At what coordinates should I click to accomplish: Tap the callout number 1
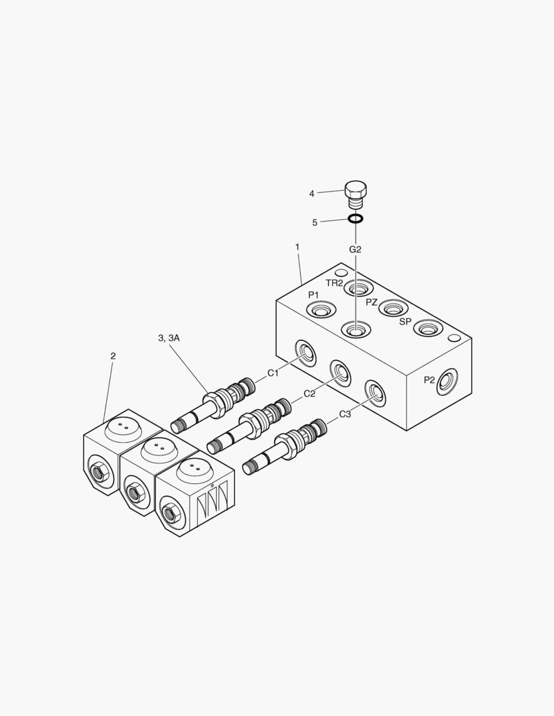tap(297, 247)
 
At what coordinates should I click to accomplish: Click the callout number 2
tap(113, 356)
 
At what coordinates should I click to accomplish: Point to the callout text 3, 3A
tap(169, 337)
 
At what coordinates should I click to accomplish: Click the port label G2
tap(356, 249)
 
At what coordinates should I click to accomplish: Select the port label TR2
tap(334, 282)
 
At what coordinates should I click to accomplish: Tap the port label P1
tap(313, 294)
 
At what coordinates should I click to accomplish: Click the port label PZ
tap(372, 302)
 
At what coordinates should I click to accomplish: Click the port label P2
tap(429, 380)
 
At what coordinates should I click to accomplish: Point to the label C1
tap(273, 373)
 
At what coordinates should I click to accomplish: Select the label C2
tap(309, 394)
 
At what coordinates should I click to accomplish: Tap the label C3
tap(345, 414)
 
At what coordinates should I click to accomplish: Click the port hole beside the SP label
tap(427, 328)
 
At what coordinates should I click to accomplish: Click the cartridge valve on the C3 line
tap(287, 445)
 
